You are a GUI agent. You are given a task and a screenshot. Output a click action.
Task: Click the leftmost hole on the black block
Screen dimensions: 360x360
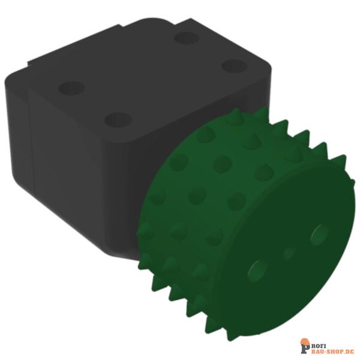click(x=71, y=88)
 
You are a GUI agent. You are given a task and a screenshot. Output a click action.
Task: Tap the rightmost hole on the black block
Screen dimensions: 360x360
click(x=235, y=65)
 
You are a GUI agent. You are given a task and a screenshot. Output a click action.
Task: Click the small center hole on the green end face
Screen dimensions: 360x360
click(x=290, y=253)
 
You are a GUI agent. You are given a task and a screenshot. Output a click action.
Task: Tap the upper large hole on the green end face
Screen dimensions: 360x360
click(x=319, y=232)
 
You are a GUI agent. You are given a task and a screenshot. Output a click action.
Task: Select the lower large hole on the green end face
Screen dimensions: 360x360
click(x=257, y=271)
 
